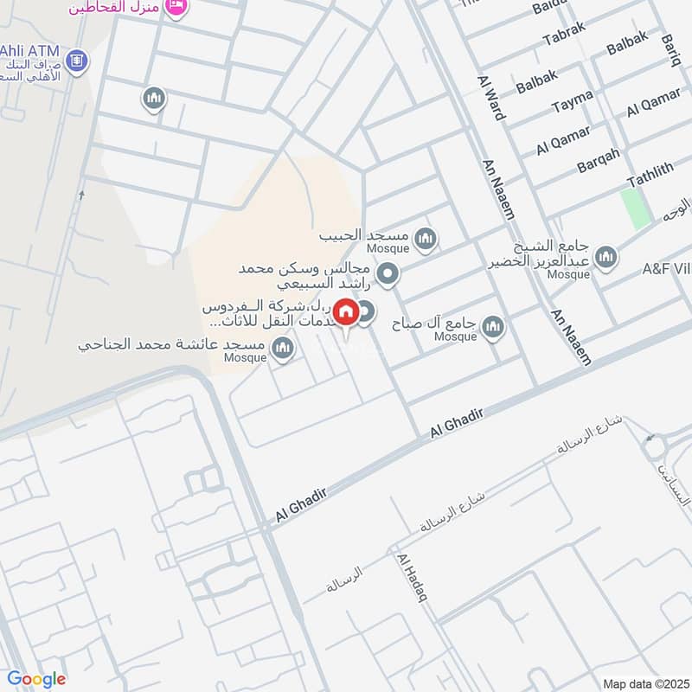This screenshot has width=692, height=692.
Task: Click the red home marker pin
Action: click(347, 312)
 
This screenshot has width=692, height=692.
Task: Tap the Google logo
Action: click(36, 679)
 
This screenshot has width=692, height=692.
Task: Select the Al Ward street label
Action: click(490, 97)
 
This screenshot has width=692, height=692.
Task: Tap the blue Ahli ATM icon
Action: click(77, 61)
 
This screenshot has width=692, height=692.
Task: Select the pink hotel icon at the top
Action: click(176, 7)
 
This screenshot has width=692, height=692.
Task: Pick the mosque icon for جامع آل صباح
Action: click(493, 327)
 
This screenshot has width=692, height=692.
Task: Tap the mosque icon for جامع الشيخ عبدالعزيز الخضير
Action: click(606, 256)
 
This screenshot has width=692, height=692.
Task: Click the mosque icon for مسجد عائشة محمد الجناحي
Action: click(281, 349)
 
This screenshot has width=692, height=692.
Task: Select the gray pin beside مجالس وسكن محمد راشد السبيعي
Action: click(389, 275)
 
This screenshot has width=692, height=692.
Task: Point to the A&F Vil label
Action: click(667, 269)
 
